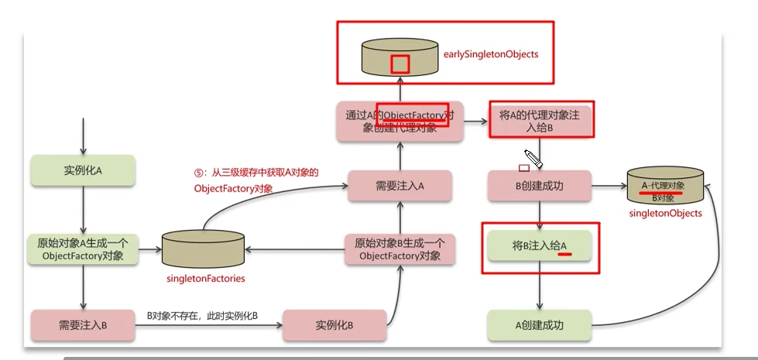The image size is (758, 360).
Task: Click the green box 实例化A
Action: click(82, 170)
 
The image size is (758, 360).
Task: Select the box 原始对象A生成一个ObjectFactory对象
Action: click(82, 249)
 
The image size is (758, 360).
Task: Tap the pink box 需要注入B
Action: click(82, 324)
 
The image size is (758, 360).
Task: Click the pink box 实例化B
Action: click(334, 324)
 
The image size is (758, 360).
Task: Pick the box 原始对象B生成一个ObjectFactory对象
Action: click(400, 249)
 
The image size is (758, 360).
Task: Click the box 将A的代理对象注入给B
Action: click(541, 121)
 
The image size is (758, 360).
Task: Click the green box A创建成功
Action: click(540, 324)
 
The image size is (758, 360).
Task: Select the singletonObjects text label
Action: click(665, 213)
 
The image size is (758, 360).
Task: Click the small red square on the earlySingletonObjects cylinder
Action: click(400, 63)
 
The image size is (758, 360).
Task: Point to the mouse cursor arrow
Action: click(532, 157)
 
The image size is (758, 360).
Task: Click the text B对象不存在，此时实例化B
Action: click(202, 317)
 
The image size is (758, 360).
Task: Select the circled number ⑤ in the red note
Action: click(199, 172)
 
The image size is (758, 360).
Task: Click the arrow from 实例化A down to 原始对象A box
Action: click(82, 209)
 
